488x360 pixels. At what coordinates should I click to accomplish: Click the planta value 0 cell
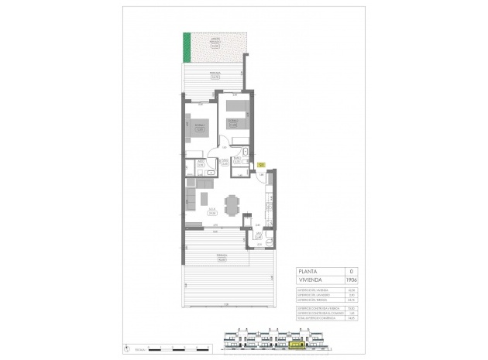click(352, 271)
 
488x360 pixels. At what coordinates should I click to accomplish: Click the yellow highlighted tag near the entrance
click(261, 164)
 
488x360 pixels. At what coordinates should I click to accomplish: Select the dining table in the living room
click(232, 204)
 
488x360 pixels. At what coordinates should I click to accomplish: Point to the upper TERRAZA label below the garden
click(214, 74)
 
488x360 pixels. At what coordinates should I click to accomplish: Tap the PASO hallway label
click(223, 162)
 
